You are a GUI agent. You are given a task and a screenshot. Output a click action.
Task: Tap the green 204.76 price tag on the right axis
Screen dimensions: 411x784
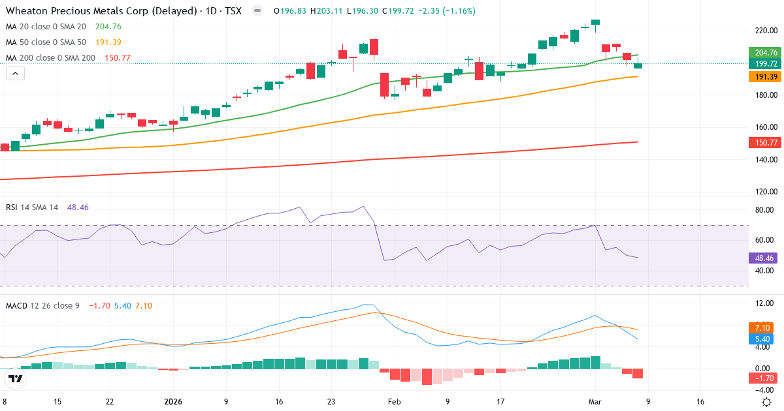tap(764, 53)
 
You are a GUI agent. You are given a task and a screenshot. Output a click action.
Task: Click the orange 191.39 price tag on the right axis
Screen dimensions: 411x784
tap(764, 77)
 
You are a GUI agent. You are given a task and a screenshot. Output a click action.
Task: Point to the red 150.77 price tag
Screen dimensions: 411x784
tap(764, 142)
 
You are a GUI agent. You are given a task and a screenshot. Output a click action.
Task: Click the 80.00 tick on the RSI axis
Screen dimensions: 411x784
tap(764, 210)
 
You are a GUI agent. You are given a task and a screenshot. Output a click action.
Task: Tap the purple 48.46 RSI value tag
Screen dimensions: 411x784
tap(764, 258)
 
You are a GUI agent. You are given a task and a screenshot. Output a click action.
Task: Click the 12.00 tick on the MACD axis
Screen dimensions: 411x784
tap(764, 304)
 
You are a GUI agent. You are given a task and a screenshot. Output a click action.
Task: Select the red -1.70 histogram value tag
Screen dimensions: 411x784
tap(764, 378)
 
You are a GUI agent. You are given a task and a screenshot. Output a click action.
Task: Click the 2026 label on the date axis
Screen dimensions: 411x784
tap(172, 402)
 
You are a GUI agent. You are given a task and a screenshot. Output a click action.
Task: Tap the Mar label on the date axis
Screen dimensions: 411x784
tap(594, 402)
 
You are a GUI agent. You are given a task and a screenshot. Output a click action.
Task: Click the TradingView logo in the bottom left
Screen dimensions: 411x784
tap(16, 379)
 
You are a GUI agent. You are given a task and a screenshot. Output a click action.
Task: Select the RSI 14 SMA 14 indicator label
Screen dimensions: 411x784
tap(32, 207)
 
